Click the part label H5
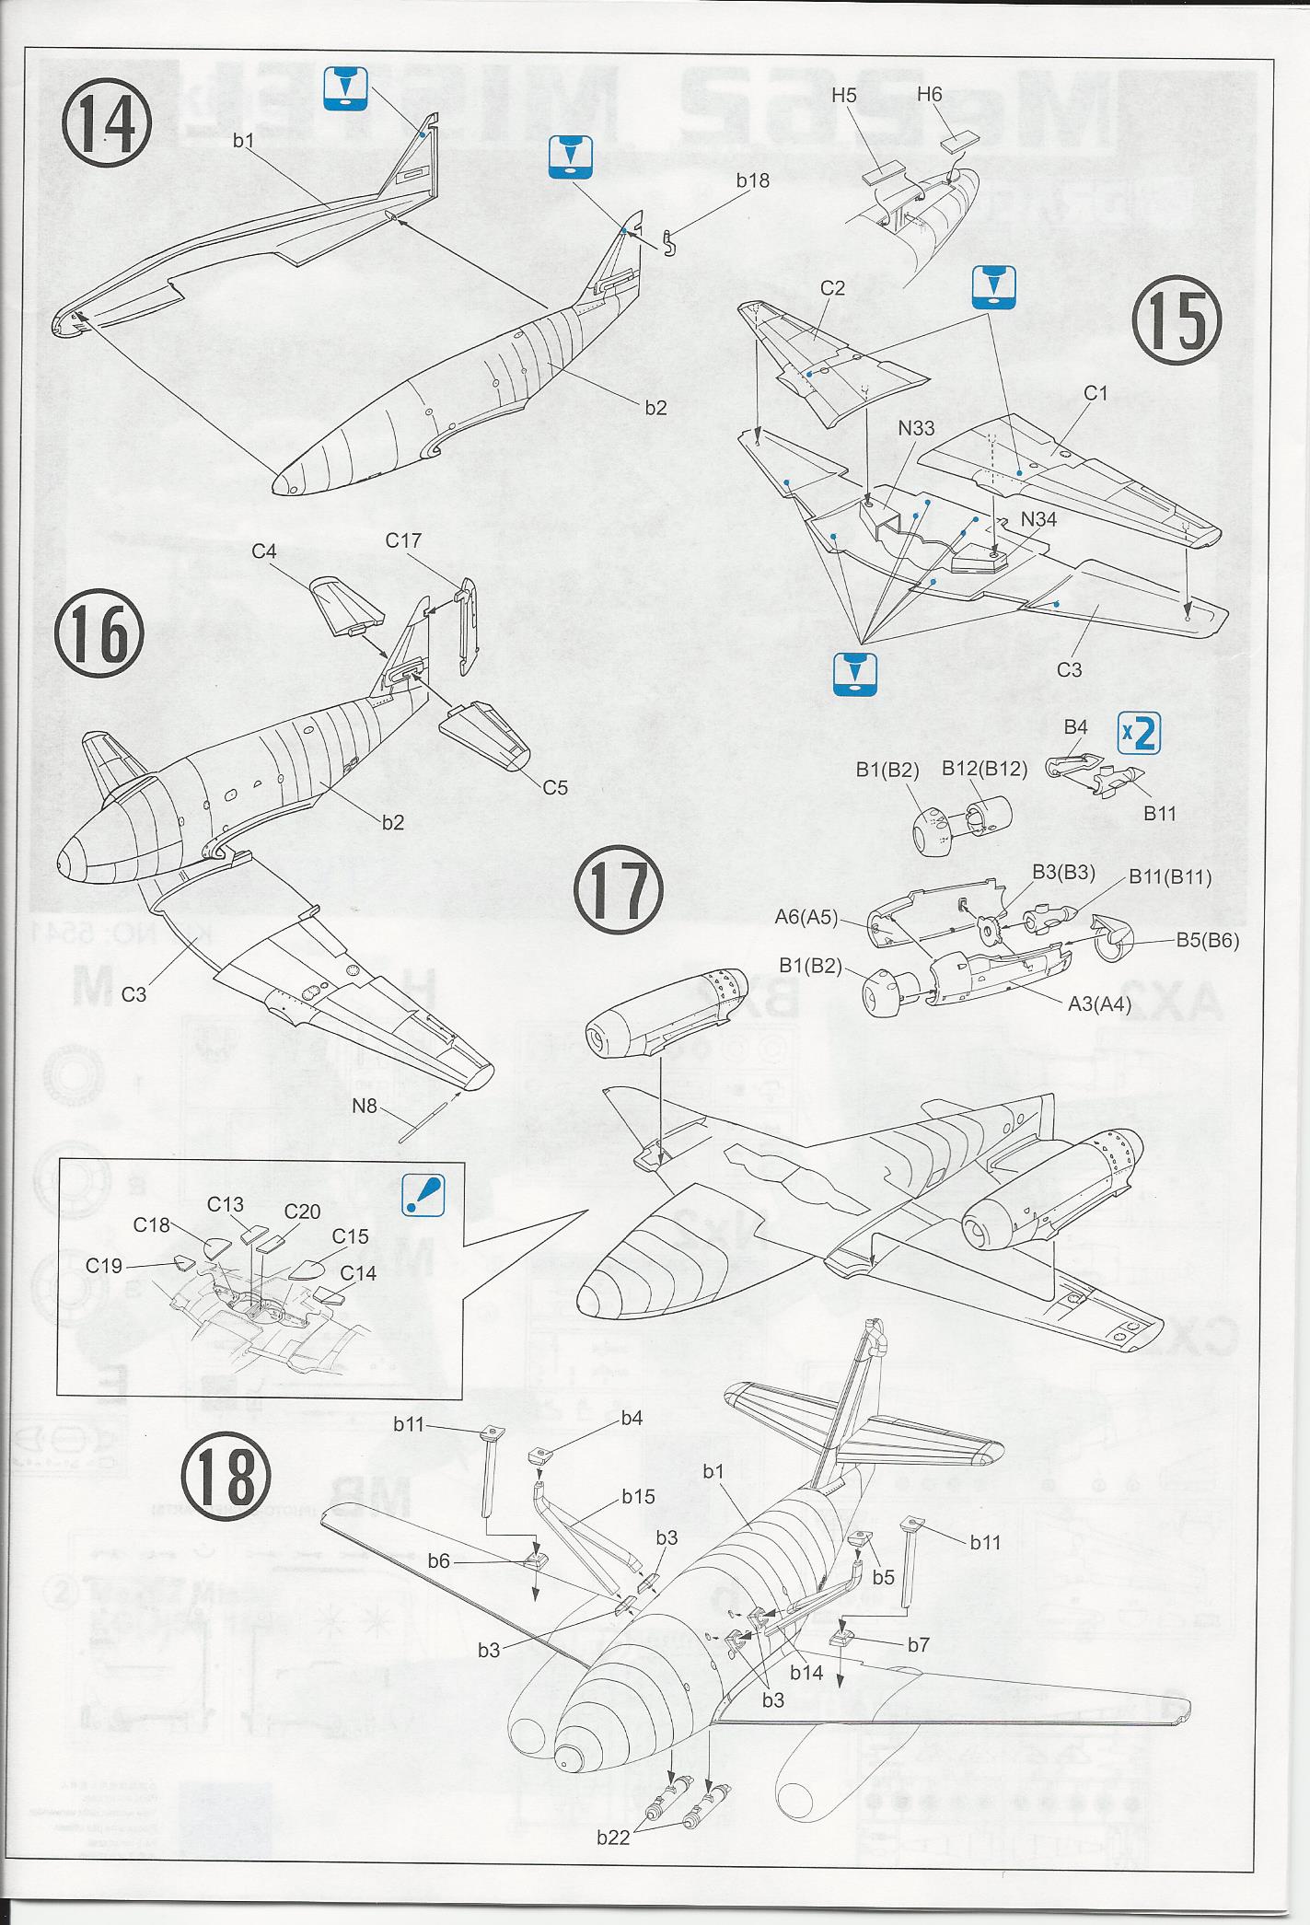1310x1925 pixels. pyautogui.click(x=844, y=94)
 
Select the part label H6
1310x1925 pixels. pyautogui.click(x=930, y=94)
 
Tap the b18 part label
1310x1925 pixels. pyautogui.click(x=752, y=180)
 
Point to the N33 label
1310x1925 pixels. pyautogui.click(x=916, y=428)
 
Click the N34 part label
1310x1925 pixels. pyautogui.click(x=1038, y=519)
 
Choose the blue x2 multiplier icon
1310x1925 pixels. pyautogui.click(x=1138, y=734)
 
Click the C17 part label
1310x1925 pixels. pyautogui.click(x=403, y=540)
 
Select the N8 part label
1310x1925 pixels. pyautogui.click(x=365, y=1106)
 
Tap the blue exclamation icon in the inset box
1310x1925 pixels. pyautogui.click(x=423, y=1194)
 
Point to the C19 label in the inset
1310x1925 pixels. pyautogui.click(x=104, y=1266)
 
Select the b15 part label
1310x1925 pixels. pyautogui.click(x=638, y=1496)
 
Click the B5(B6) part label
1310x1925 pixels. pyautogui.click(x=1208, y=941)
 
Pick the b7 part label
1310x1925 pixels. pyautogui.click(x=918, y=1644)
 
